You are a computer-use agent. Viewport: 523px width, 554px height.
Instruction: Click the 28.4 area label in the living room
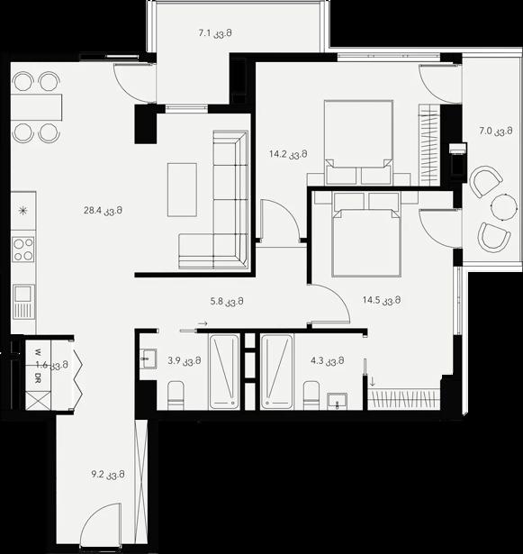104,211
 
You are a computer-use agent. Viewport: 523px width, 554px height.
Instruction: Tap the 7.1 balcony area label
215,33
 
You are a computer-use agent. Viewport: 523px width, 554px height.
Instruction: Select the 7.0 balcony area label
496,132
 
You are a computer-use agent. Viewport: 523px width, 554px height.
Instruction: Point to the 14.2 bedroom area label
288,154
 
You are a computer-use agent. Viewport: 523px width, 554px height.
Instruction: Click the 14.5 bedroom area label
382,300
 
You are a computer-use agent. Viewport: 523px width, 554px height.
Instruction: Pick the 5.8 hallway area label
227,302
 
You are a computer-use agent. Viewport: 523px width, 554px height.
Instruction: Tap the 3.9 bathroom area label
185,360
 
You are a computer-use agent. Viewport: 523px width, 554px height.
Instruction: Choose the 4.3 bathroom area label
328,360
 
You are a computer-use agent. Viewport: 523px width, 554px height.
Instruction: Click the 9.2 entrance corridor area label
108,475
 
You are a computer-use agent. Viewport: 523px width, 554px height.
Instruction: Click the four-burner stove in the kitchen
23,250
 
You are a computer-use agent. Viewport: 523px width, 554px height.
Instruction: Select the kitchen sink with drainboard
24,302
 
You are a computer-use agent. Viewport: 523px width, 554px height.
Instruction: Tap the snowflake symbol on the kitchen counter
23,211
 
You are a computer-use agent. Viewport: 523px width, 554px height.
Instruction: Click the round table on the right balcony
505,208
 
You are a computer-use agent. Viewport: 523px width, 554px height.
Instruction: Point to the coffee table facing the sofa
182,190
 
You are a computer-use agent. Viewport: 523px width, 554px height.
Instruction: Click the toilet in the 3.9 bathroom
176,395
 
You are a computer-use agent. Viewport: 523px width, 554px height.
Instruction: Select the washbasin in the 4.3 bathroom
337,402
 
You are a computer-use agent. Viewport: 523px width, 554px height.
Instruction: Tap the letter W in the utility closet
38,352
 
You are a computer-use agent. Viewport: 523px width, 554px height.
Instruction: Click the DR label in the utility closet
38,377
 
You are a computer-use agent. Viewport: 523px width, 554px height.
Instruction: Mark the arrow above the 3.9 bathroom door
203,323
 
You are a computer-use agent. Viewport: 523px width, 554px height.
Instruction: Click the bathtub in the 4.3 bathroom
277,372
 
